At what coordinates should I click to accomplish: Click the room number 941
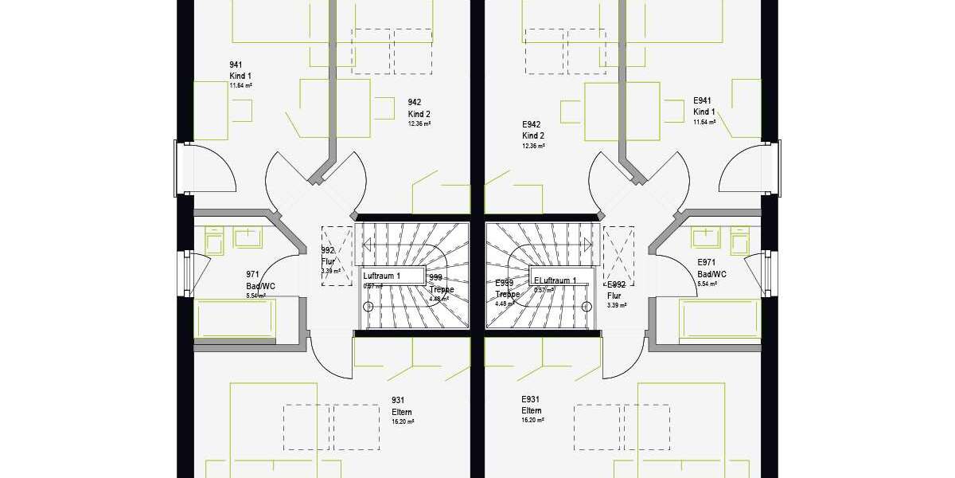click(x=236, y=65)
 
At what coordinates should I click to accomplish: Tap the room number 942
click(x=414, y=102)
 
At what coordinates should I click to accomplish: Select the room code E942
click(x=531, y=125)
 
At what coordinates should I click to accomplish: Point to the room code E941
click(x=702, y=101)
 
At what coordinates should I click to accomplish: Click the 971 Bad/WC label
click(x=259, y=280)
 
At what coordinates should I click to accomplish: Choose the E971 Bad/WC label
click(x=711, y=268)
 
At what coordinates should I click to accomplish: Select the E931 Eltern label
click(x=532, y=405)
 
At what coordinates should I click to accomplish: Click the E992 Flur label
click(x=615, y=290)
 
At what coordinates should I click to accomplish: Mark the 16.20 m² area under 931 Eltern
click(x=403, y=421)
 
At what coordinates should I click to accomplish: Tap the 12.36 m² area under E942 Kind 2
click(x=533, y=147)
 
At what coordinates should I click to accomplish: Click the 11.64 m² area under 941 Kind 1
click(x=240, y=85)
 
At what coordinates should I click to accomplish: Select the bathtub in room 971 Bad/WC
click(x=236, y=319)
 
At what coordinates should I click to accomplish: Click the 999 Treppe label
click(x=442, y=284)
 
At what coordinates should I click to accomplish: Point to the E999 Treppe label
click(x=507, y=289)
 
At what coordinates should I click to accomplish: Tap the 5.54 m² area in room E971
click(x=708, y=284)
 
